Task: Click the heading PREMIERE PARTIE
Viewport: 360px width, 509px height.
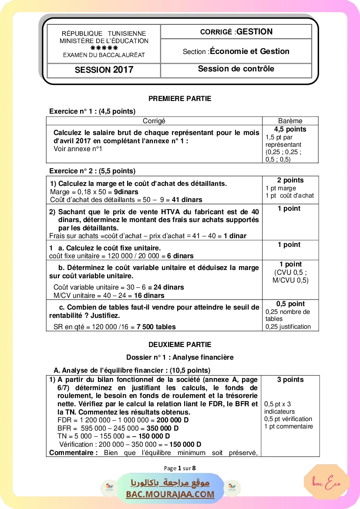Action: (x=180, y=99)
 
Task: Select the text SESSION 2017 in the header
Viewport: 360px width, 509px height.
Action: (x=104, y=70)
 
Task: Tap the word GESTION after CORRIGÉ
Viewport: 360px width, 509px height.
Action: (x=255, y=32)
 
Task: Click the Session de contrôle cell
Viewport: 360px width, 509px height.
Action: (x=236, y=69)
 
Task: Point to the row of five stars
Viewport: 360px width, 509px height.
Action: (x=104, y=48)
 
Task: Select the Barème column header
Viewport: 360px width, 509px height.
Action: (x=290, y=121)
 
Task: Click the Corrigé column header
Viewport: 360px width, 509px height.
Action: (x=154, y=121)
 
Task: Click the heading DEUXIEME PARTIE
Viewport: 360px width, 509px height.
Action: (x=180, y=345)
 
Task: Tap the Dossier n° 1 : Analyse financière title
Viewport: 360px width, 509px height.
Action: (x=180, y=357)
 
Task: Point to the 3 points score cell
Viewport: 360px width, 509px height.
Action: (x=290, y=380)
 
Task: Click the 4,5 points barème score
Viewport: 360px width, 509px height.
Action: (x=290, y=129)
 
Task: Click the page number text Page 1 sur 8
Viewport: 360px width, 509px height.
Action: (x=180, y=469)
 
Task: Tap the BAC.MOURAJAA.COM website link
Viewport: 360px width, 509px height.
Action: (x=170, y=494)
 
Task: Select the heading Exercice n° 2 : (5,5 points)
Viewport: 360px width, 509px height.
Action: (x=92, y=171)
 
